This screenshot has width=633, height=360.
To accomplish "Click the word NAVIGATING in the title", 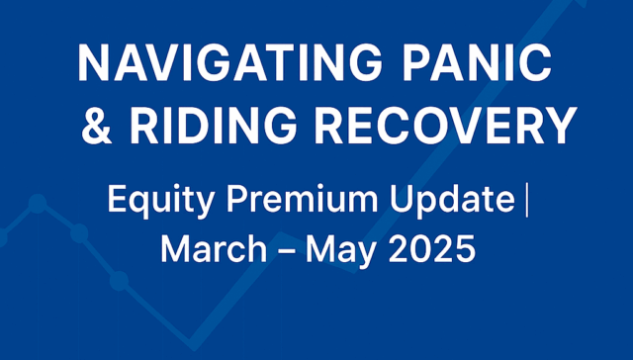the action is (x=230, y=63).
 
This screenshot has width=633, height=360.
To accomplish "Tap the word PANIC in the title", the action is (x=477, y=63).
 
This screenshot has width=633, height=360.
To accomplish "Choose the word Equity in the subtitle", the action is (x=160, y=201).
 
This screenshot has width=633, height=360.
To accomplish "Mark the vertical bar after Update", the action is (x=526, y=201).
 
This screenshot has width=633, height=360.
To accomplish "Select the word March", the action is (x=214, y=248).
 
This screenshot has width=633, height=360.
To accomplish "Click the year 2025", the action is (x=432, y=248).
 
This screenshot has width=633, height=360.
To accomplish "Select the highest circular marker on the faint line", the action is (x=38, y=204).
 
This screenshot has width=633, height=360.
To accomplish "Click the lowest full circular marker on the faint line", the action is (x=119, y=281).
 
